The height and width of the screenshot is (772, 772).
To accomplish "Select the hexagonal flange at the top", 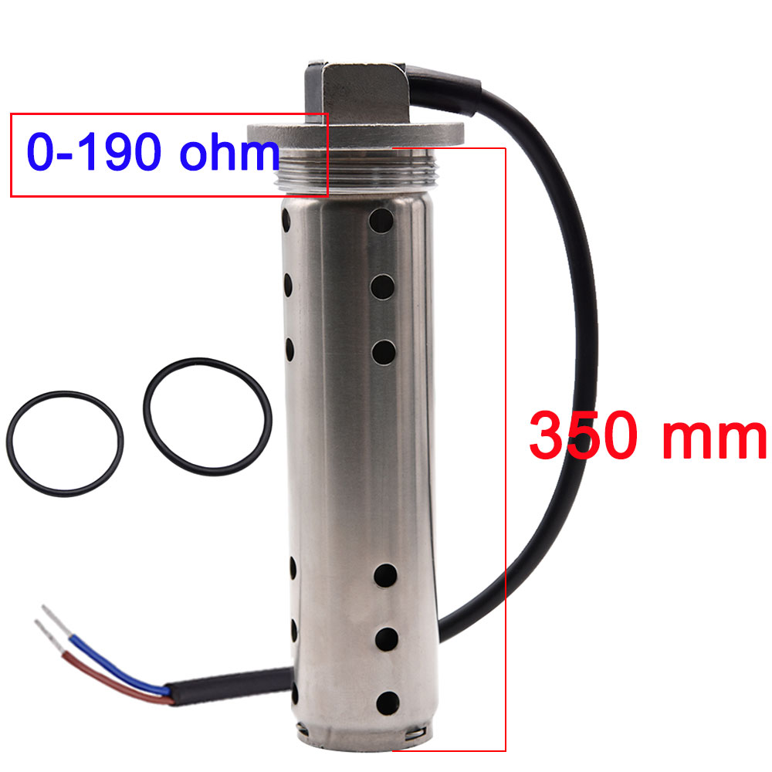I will (x=355, y=135).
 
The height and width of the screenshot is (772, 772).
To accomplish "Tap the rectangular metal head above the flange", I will (x=359, y=89).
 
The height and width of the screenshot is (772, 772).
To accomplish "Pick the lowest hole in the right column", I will (x=385, y=701).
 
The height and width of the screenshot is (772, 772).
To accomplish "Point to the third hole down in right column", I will (x=383, y=352).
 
